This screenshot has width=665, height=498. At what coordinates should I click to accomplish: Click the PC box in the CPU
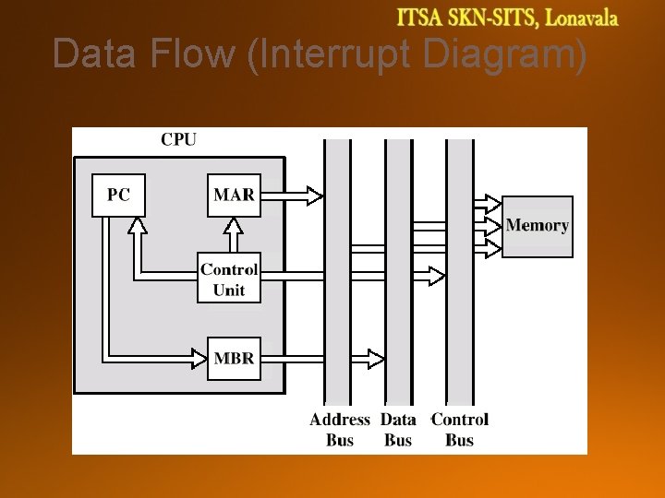point(118,195)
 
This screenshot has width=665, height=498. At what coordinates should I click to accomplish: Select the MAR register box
point(234,195)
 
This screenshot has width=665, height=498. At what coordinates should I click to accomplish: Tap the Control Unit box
point(229,279)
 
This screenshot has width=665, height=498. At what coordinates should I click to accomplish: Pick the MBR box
point(234,358)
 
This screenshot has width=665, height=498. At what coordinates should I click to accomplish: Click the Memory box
point(538,226)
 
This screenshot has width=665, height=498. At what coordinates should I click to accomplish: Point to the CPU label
point(178,140)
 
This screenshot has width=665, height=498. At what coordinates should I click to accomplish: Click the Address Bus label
point(340,430)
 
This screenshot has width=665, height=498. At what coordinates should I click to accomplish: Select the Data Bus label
point(398,430)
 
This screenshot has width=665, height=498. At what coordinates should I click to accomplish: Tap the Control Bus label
point(460,430)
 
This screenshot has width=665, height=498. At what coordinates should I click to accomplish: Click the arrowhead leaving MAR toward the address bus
point(314,195)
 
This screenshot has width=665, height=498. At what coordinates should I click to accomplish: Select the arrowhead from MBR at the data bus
point(376,358)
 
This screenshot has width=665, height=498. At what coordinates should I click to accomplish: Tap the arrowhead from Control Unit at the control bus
point(436,275)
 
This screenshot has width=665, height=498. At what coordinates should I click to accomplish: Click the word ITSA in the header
point(421,18)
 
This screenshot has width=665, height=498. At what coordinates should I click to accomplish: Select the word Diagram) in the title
point(505,55)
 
